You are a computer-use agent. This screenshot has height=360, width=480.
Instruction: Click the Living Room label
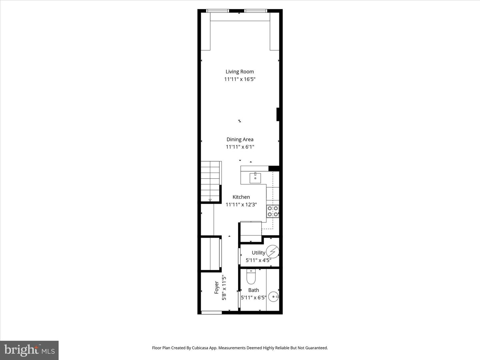point(240,72)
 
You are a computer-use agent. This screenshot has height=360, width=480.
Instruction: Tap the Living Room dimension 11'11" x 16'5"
point(240,79)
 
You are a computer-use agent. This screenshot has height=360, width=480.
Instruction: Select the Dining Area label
point(240,140)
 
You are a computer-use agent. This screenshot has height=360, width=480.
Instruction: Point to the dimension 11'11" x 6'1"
point(240,147)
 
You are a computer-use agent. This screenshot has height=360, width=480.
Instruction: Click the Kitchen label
point(241,197)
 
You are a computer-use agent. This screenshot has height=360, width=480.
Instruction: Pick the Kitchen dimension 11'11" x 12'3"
point(241,205)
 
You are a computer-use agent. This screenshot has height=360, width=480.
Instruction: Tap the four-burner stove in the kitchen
point(273,211)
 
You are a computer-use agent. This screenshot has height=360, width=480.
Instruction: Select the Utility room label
point(258,253)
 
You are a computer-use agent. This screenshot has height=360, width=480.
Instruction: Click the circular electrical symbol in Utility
point(272,252)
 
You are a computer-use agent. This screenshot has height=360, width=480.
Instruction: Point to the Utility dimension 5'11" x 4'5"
point(258,260)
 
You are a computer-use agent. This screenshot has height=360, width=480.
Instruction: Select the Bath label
point(254,290)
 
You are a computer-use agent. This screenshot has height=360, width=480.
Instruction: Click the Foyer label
point(217,288)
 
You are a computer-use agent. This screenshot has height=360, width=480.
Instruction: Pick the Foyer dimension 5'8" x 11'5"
point(224,288)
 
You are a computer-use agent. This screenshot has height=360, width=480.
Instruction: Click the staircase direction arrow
point(210,200)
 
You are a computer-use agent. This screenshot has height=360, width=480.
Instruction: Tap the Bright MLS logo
point(29,350)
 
